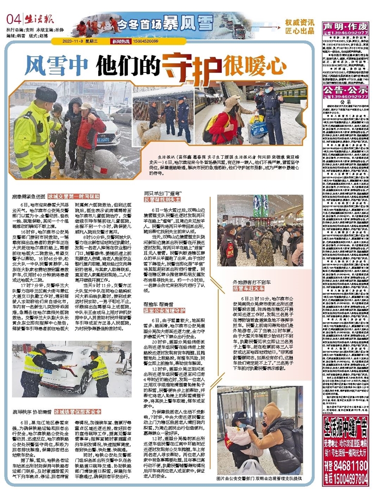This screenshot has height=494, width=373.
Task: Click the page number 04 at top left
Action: (x=14, y=19)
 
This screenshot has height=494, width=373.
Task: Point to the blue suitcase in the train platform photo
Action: (x=259, y=131)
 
